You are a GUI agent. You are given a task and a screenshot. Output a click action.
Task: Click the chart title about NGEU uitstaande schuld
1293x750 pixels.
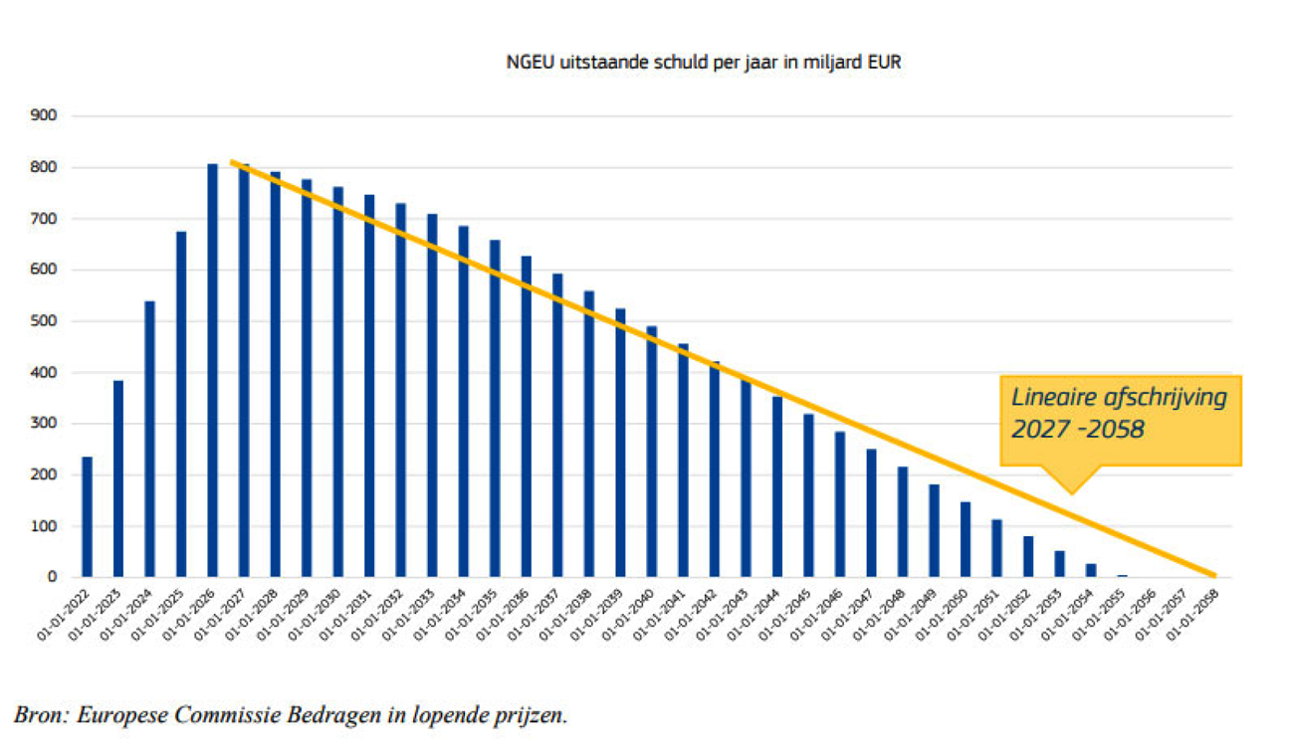[x=704, y=63]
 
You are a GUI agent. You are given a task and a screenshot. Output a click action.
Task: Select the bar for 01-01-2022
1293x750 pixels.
[x=87, y=516]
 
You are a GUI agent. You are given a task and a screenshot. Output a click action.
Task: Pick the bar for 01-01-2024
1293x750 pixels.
[x=149, y=439]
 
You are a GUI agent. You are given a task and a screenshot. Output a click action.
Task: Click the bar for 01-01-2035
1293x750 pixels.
[x=495, y=408]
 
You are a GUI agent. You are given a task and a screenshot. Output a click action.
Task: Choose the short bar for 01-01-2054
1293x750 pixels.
[x=1091, y=570]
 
